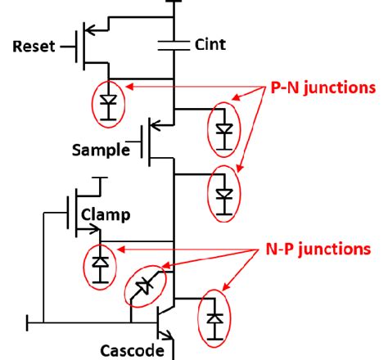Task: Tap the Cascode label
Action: click(x=126, y=350)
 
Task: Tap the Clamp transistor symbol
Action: click(x=78, y=211)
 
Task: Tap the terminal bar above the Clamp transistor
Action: click(x=99, y=178)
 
